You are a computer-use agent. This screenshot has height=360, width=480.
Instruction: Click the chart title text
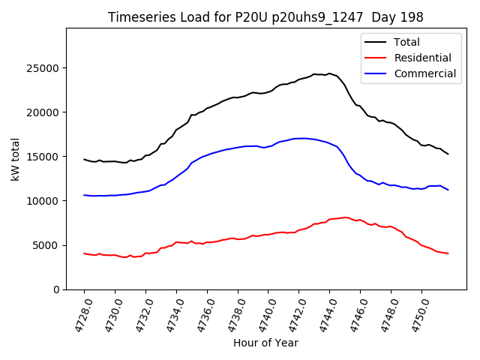pyautogui.click(x=265, y=17)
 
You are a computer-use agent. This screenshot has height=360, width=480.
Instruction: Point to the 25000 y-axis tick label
pyautogui.click(x=43, y=68)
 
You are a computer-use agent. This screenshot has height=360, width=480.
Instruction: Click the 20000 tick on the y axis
pyautogui.click(x=43, y=112)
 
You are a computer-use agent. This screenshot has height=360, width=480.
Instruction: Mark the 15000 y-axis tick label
pyautogui.click(x=43, y=157)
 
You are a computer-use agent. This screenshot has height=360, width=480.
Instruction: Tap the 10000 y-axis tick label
pyautogui.click(x=43, y=201)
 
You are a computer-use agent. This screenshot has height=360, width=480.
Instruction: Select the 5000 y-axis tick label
pyautogui.click(x=46, y=245)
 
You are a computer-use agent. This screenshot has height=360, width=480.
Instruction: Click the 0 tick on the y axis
pyautogui.click(x=56, y=289)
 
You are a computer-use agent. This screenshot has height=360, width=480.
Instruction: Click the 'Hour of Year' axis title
pyautogui.click(x=265, y=343)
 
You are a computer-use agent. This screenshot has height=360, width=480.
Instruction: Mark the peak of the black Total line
pyautogui.click(x=328, y=73)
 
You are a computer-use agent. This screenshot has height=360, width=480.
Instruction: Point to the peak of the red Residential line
pyautogui.click(x=345, y=217)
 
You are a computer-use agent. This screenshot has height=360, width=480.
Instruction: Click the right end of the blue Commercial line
pyautogui.click(x=448, y=190)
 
